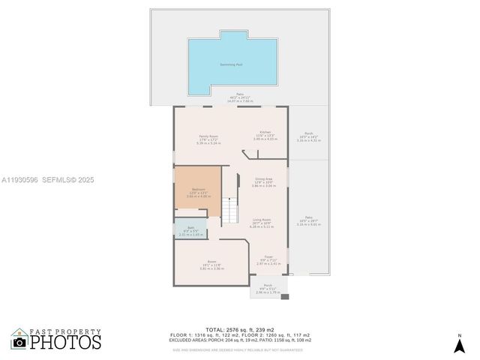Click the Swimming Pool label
coord(231,65)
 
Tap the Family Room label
coord(208,136)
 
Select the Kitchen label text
coord(265,132)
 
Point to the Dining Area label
coord(263,179)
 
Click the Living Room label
coord(262,220)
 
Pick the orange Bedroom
coord(198,192)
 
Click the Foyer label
coord(268,257)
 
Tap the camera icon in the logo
coord(20,343)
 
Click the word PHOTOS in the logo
coord(65,342)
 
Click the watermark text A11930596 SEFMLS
coord(46,180)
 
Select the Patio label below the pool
coord(241,96)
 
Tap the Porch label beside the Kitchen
coord(308,133)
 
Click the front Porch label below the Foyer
coord(268,286)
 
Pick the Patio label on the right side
coord(308,217)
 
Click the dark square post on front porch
coord(284,297)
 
